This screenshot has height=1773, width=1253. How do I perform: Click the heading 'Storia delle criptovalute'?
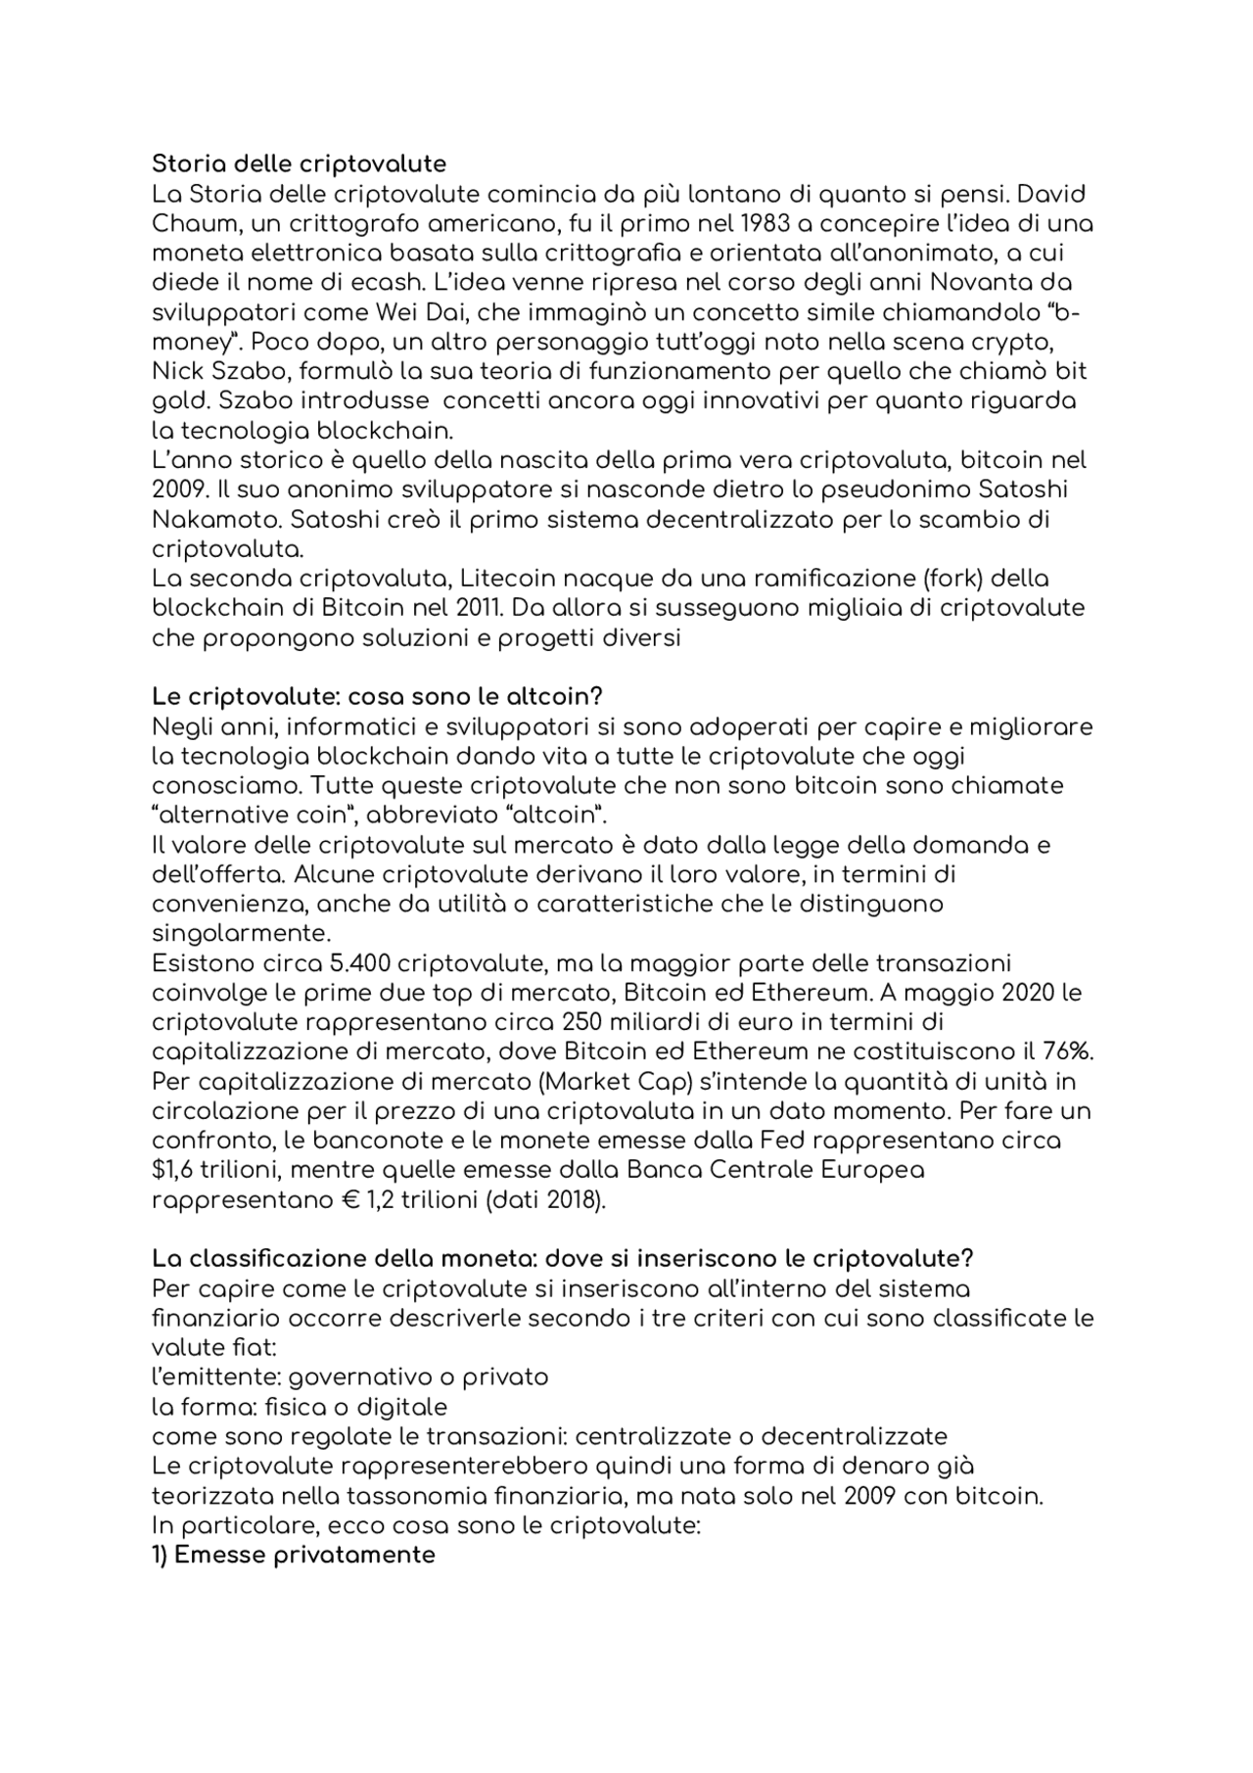pos(299,163)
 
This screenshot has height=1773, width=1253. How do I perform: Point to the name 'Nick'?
pos(175,372)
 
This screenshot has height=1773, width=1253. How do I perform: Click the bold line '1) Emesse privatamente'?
pos(294,1555)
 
